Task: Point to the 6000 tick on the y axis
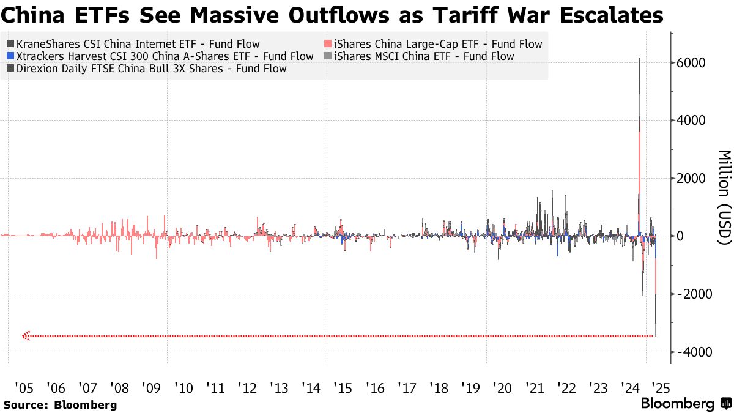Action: coord(693,64)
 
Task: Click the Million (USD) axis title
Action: coord(724,197)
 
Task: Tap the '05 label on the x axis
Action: coord(24,387)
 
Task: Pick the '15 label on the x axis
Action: coord(343,387)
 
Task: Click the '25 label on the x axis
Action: coord(660,387)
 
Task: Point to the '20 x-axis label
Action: coord(502,387)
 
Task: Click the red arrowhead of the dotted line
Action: coord(26,336)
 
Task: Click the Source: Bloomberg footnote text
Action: coord(60,404)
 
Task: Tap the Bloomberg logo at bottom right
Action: coord(685,404)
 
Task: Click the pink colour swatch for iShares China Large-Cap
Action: coord(328,44)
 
